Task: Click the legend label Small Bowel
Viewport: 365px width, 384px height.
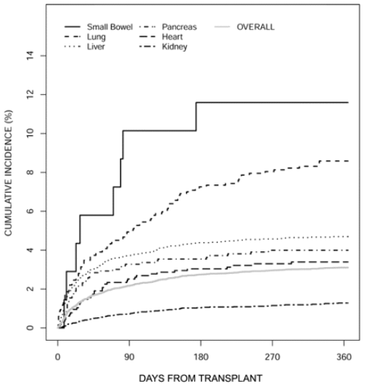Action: [110, 27]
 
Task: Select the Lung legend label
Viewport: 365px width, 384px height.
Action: [96, 37]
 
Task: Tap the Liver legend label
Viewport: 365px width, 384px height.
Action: [96, 47]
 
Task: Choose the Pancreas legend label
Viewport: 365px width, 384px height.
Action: [179, 27]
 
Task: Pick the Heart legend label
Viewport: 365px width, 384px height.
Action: [172, 37]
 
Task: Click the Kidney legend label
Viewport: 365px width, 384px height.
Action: [175, 47]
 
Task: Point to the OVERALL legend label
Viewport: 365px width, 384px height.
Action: [256, 27]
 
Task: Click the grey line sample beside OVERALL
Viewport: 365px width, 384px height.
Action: [222, 27]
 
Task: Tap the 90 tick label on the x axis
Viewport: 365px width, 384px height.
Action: [129, 357]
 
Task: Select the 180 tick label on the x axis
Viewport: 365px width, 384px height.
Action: [201, 357]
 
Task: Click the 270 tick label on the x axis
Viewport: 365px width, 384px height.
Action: [272, 357]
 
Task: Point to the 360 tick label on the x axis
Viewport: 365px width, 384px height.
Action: [344, 357]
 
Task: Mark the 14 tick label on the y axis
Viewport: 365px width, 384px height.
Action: [30, 55]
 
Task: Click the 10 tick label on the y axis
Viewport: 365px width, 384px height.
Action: [30, 134]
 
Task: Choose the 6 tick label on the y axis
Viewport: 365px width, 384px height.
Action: [30, 211]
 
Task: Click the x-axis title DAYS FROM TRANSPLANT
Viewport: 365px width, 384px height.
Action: [200, 379]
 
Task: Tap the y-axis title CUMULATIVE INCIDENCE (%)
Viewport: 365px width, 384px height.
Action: [8, 173]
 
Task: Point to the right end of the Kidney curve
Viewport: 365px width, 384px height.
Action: [348, 303]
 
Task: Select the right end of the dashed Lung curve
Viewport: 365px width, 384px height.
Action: [348, 161]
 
